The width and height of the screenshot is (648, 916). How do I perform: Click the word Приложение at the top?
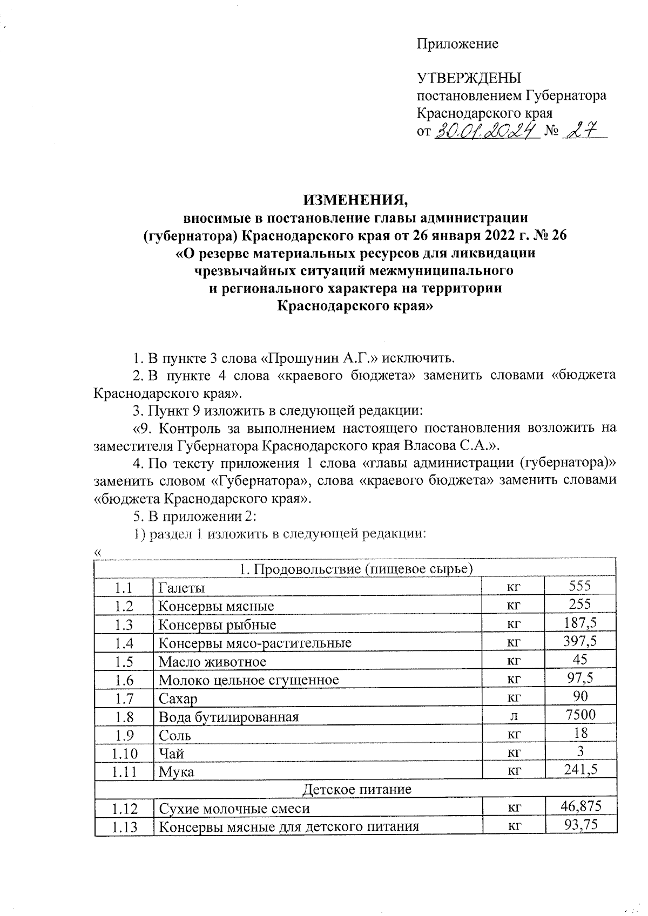pos(457,44)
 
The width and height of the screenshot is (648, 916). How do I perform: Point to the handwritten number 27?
pos(582,130)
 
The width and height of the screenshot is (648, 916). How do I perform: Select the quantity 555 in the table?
pos(580,586)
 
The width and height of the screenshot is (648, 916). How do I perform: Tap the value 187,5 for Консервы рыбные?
pos(580,622)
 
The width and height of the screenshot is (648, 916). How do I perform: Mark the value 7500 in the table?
pos(580,715)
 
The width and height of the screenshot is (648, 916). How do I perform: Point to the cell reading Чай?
pos(171,754)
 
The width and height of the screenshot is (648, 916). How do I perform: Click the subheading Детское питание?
pos(356,789)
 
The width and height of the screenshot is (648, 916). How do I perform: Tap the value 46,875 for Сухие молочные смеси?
pos(580,806)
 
